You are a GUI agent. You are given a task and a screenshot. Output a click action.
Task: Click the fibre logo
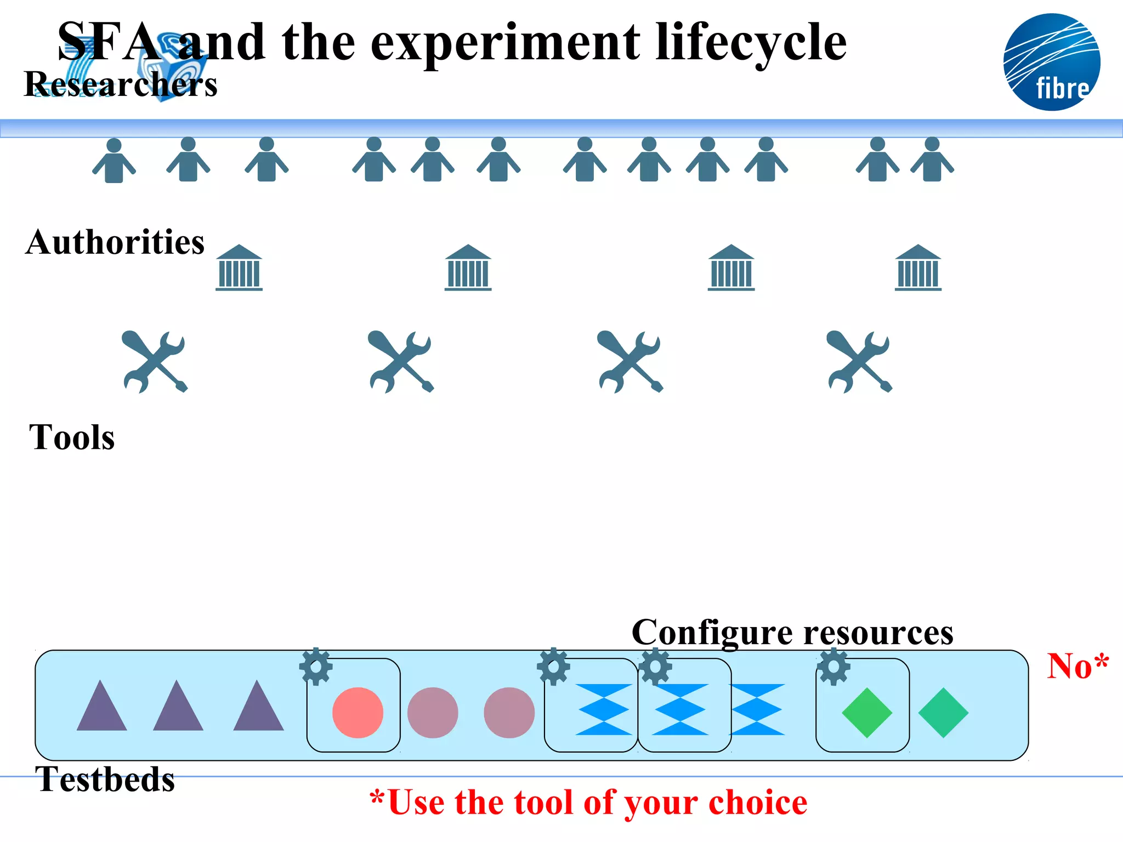tap(1052, 62)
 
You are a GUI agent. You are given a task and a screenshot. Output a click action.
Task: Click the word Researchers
tap(121, 84)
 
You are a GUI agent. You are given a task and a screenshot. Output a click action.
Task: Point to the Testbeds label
tap(105, 779)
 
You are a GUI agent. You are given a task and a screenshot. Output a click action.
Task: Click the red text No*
tap(1077, 666)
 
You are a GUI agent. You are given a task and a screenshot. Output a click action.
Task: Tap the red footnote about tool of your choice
tap(588, 803)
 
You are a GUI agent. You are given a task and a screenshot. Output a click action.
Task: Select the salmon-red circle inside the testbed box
tap(358, 713)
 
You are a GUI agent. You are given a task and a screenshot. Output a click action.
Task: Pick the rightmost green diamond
tap(943, 713)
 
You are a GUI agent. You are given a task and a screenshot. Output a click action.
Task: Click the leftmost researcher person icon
tap(114, 161)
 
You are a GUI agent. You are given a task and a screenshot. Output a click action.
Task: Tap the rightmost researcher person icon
tap(932, 160)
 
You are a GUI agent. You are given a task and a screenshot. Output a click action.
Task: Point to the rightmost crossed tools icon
tap(859, 361)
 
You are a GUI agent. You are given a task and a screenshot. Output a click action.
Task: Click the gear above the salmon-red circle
tap(316, 667)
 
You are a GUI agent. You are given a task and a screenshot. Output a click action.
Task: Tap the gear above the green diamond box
tap(833, 667)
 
